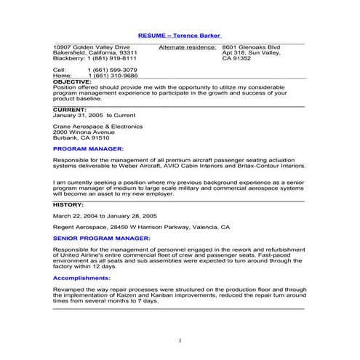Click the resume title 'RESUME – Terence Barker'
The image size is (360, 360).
[180, 35]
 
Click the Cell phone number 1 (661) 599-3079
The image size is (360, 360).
[112, 70]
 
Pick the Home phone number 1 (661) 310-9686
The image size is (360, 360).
[112, 76]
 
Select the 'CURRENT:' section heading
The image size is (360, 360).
[70, 109]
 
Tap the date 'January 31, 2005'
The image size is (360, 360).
[79, 115]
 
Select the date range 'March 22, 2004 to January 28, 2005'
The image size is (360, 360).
[105, 216]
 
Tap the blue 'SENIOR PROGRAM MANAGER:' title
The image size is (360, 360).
[102, 238]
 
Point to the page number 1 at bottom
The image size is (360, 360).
[180, 340]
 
